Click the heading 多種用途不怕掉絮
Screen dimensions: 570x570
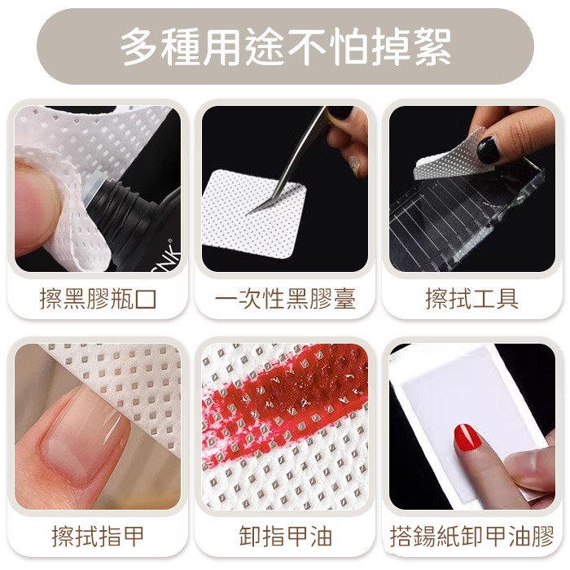pyautogui.click(x=285, y=46)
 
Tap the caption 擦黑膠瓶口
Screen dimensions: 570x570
pyautogui.click(x=99, y=298)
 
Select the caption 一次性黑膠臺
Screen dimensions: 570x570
pyautogui.click(x=285, y=298)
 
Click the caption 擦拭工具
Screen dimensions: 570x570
pyautogui.click(x=471, y=298)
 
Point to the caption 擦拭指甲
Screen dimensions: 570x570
pyautogui.click(x=99, y=537)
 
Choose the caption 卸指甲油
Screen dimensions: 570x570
pyautogui.click(x=285, y=537)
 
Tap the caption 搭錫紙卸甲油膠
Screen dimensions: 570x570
pyautogui.click(x=471, y=537)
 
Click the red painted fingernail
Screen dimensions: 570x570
pyautogui.click(x=468, y=438)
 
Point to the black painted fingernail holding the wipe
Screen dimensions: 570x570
pyautogui.click(x=487, y=149)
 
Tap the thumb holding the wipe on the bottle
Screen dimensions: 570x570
pyautogui.click(x=37, y=204)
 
